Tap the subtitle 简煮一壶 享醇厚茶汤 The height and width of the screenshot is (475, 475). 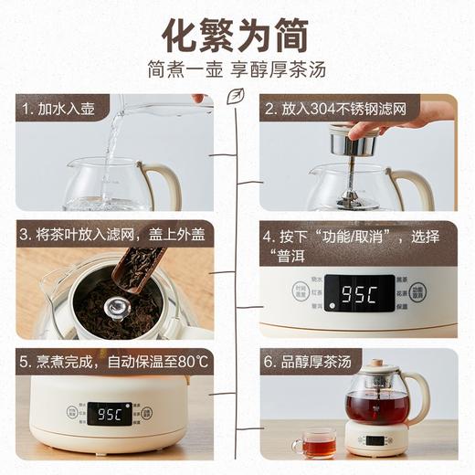[237, 69]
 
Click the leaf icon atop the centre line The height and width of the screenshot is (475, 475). [237, 94]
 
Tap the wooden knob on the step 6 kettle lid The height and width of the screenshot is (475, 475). [376, 364]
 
